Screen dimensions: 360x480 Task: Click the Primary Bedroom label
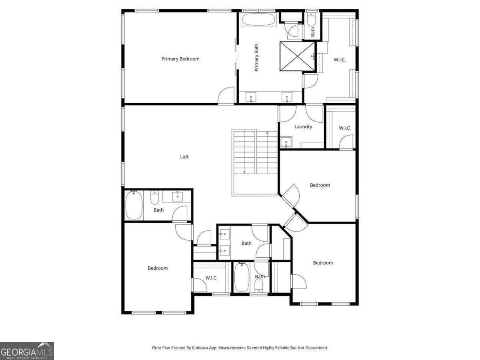coord(180,59)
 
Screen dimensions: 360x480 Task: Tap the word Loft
coord(184,157)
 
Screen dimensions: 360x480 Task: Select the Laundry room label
coord(303,127)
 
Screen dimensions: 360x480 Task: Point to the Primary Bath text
coord(256,58)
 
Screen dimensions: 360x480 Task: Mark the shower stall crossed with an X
coord(297,56)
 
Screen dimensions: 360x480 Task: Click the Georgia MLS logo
coord(27,351)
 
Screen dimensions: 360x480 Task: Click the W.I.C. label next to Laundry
coord(345,128)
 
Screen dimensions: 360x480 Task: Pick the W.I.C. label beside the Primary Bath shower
coord(340,60)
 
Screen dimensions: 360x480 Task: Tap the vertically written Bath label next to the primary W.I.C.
coord(313,31)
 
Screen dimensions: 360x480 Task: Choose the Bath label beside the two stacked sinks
coord(246,243)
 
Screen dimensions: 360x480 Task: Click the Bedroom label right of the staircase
coord(320,185)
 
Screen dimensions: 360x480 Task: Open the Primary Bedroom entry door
coord(226,96)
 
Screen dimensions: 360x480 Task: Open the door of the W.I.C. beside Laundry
coord(347,142)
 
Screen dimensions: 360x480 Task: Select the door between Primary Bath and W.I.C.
coord(310,81)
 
